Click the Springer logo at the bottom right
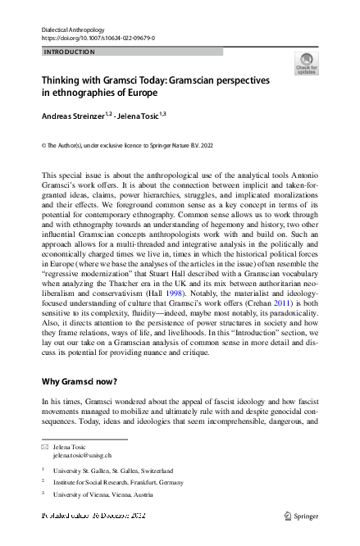302,516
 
